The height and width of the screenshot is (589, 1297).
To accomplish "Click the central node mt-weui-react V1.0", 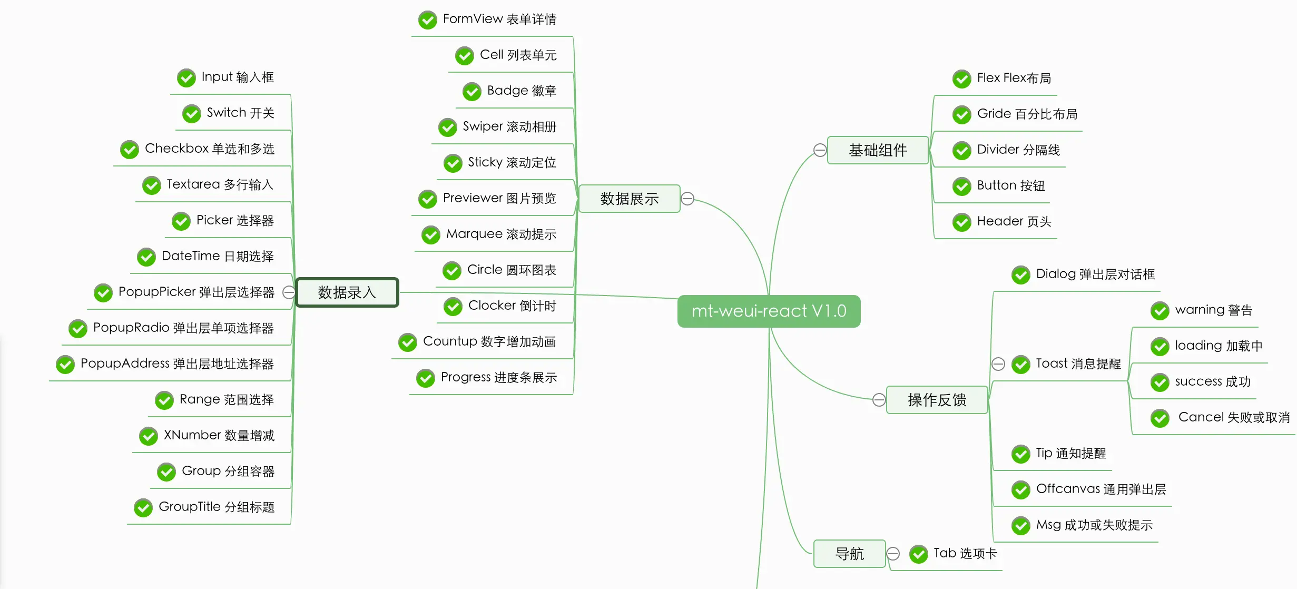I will (x=769, y=311).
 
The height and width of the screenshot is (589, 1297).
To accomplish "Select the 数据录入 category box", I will (x=347, y=292).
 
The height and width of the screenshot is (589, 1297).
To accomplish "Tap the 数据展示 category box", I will (x=629, y=199).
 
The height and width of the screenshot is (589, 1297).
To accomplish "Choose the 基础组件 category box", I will (x=878, y=150).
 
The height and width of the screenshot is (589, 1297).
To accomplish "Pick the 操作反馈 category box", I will (x=937, y=400).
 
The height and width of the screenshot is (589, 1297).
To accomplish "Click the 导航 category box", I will (x=849, y=554).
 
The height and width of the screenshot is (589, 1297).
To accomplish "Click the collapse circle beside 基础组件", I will (x=820, y=150).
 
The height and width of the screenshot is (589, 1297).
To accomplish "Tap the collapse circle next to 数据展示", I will (x=687, y=199).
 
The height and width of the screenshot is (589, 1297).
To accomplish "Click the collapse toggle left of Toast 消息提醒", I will (x=998, y=364).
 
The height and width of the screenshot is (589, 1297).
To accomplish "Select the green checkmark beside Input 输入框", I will (x=186, y=78).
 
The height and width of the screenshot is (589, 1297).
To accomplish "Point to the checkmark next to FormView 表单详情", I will (x=428, y=20).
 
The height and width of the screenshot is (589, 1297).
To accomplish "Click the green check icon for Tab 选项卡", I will (x=919, y=554).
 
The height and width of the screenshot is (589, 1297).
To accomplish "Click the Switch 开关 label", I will (x=240, y=113).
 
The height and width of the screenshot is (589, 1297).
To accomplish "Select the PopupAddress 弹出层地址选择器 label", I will (x=177, y=364).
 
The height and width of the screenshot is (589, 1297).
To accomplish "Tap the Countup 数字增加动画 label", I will (x=489, y=341).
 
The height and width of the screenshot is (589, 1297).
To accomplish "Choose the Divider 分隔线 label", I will (x=1018, y=150).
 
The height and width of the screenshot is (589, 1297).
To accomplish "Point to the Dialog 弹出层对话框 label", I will (x=1095, y=274).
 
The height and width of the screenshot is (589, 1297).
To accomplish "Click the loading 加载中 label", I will (x=1219, y=346).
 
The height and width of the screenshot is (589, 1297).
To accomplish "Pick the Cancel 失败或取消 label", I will (x=1234, y=417).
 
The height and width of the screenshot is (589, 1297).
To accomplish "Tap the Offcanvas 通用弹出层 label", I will (x=1101, y=489).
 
